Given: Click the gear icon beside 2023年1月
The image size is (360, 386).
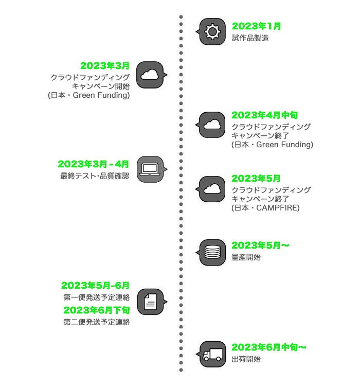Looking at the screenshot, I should coord(212,32).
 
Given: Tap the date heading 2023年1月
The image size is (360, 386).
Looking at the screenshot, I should coord(256,26).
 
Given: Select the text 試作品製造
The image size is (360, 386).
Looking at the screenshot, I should coord(250,38).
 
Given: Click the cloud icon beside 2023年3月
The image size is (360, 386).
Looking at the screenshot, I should coord(149,75).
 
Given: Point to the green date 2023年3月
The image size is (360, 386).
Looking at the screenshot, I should coord(105,66).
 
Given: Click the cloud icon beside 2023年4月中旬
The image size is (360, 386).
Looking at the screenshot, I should coord(212,124).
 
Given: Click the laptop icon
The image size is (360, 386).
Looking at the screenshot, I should coord(149,169).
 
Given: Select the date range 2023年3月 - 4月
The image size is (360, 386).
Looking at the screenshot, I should coord(94,164).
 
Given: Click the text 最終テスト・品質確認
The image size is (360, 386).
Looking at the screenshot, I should coord(95,176).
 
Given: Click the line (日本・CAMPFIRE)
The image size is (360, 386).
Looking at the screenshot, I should coord(265,208).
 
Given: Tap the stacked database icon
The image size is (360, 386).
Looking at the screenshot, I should coord(212,252).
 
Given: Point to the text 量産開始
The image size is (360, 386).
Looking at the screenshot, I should coord(246,257).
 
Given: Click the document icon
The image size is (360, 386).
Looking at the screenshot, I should coord(149,302).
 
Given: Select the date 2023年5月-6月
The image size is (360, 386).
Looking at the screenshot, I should coord(96,286).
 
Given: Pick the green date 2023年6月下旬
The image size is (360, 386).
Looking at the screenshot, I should coord(97,310).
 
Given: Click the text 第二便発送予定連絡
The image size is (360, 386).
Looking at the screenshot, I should coord(97,323).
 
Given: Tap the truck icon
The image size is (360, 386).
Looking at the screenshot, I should coord(212,355).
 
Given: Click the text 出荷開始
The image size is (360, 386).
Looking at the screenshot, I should coord(246,359).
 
